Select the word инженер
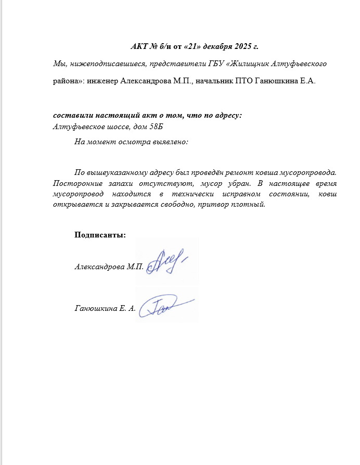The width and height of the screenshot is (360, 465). (x=103, y=81)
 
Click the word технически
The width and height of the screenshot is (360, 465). (x=204, y=194)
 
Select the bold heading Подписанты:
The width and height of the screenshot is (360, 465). (x=100, y=235)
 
